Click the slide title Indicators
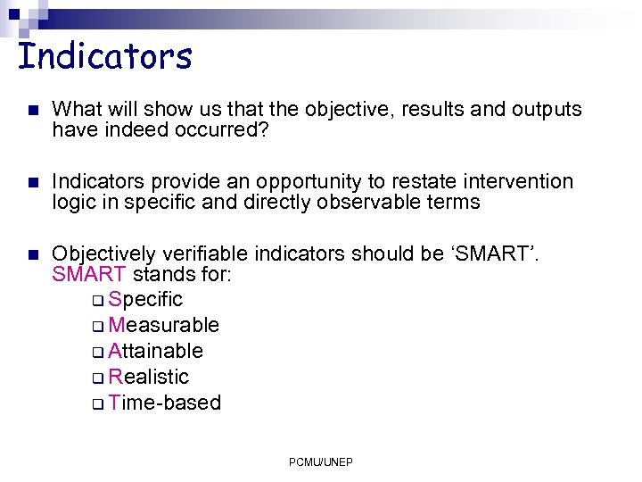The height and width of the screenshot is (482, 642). pyautogui.click(x=105, y=56)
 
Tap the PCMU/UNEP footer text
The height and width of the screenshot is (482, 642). pyautogui.click(x=321, y=461)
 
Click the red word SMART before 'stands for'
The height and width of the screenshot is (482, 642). pyautogui.click(x=90, y=273)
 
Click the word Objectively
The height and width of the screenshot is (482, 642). pyautogui.click(x=105, y=253)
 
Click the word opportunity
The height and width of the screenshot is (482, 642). pyautogui.click(x=305, y=182)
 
